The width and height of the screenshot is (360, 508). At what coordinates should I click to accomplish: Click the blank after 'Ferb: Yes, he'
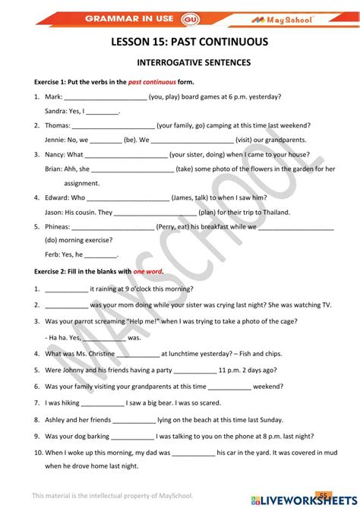pyautogui.click(x=102, y=256)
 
